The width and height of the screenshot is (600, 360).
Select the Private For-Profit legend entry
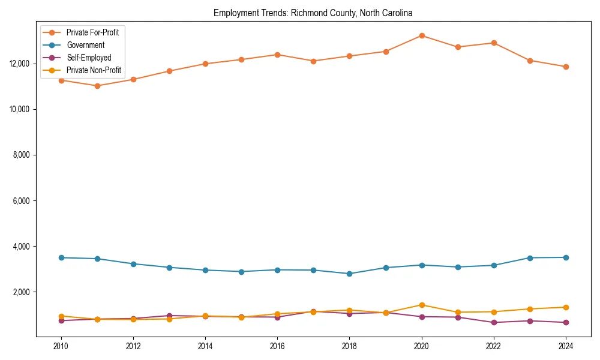(92, 32)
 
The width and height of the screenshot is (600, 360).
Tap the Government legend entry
(85, 45)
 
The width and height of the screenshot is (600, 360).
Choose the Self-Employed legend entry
(89, 58)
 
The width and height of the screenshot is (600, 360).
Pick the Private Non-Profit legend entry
(94, 70)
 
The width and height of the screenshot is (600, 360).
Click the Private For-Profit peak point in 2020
(422, 35)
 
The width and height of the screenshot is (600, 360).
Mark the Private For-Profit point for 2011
(97, 86)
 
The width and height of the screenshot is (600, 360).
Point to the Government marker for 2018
(350, 274)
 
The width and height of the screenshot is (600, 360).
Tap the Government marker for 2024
(566, 257)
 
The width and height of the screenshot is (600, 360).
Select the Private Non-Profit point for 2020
(422, 305)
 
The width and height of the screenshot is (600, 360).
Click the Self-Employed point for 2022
(494, 322)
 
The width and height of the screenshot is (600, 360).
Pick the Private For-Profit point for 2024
(566, 67)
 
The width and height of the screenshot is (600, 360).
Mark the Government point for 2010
(61, 257)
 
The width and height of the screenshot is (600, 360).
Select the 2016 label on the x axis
(277, 346)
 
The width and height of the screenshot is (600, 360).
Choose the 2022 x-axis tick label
(494, 346)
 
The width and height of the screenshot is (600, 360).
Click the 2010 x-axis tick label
(61, 346)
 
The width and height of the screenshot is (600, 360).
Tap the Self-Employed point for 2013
(169, 316)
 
